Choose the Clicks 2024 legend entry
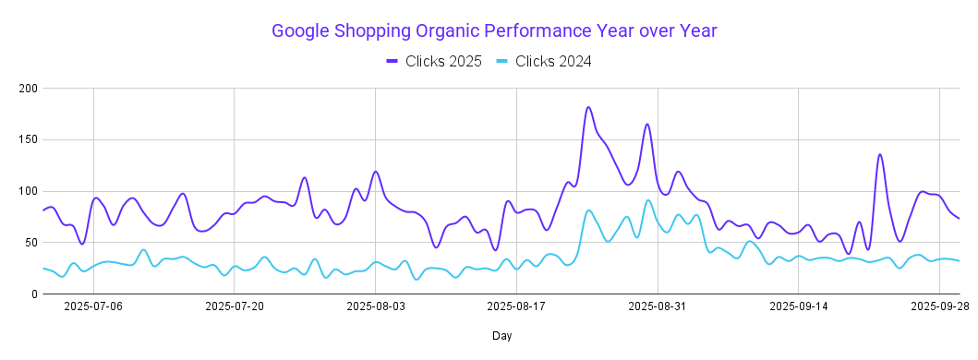(x=542, y=61)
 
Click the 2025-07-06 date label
(x=93, y=306)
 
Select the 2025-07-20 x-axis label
(x=235, y=306)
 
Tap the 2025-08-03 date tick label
(x=375, y=306)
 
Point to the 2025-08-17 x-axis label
(x=516, y=306)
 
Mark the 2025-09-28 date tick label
(x=938, y=306)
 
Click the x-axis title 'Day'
(x=501, y=337)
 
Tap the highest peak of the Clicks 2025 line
(x=588, y=107)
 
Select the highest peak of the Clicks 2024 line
(x=648, y=200)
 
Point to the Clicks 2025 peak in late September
(x=880, y=154)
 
